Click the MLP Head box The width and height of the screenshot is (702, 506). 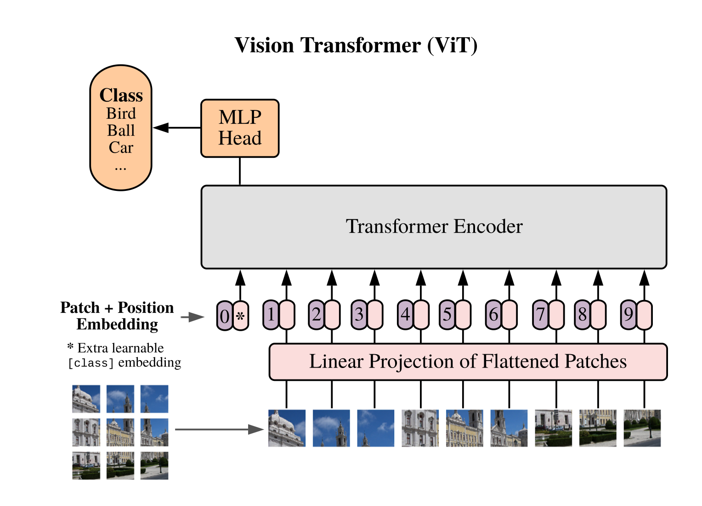240,128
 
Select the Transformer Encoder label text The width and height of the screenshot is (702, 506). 434,226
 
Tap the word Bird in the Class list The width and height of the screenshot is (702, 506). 121,114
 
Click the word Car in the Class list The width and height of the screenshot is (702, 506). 121,148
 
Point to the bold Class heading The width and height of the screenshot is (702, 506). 121,95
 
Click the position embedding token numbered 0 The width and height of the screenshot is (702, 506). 225,316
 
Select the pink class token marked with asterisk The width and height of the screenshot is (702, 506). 240,316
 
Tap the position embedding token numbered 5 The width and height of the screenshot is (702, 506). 447,315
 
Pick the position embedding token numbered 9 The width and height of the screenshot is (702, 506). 628,315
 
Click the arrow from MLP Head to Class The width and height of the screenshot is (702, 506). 176,128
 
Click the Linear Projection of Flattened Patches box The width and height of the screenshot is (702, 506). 468,362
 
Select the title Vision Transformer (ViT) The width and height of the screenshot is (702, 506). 356,45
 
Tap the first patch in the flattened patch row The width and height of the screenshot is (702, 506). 287,428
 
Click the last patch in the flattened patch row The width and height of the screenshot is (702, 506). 642,428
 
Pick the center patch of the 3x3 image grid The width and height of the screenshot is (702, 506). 120,432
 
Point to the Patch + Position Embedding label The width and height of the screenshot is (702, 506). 117,316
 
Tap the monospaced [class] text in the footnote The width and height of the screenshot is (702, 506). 91,363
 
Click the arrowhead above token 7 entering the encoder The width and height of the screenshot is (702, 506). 556,278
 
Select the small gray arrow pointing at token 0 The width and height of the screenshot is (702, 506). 192,317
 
